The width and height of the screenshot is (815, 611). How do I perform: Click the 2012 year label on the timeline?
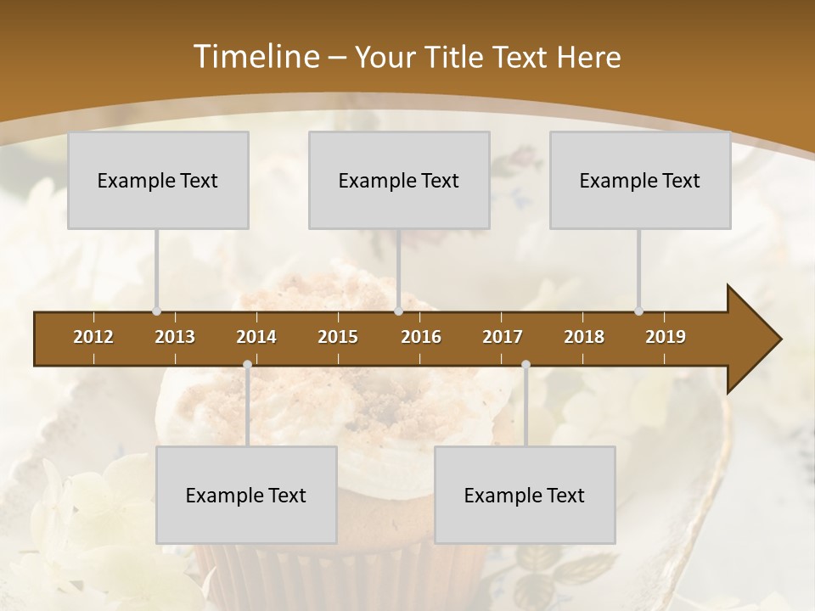[x=93, y=337]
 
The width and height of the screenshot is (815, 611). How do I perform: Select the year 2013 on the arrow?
[x=175, y=337]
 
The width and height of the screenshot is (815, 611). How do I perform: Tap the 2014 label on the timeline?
[x=256, y=337]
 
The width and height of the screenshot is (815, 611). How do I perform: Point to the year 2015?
[x=338, y=337]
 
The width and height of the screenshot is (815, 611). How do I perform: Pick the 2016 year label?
[x=421, y=337]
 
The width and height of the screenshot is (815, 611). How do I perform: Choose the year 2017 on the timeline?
[x=503, y=337]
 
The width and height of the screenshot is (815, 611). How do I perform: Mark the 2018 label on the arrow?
[x=584, y=337]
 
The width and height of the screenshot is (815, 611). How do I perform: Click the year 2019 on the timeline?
[x=666, y=337]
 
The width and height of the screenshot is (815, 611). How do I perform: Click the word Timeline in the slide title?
[x=255, y=57]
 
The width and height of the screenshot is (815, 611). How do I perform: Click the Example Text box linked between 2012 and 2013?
[x=158, y=180]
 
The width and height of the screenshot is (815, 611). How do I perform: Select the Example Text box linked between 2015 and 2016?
[x=399, y=180]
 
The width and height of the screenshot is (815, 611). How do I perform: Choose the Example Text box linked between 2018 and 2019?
[x=640, y=180]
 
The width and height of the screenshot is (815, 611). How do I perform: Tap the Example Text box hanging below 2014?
[x=246, y=495]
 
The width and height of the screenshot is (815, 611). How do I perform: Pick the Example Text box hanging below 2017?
[x=525, y=495]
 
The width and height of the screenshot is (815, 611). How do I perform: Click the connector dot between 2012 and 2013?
[x=156, y=311]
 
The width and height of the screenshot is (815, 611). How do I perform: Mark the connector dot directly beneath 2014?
[x=247, y=365]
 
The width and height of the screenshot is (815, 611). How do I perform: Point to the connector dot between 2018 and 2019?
[x=638, y=311]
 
